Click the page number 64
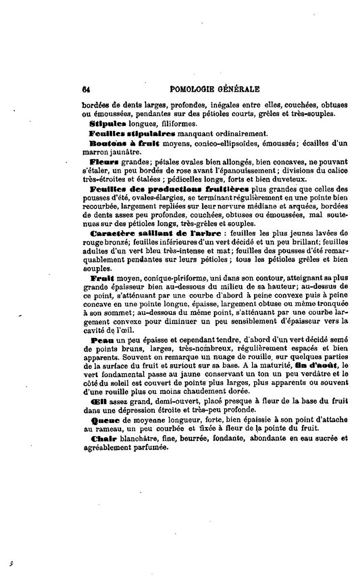point(86,89)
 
